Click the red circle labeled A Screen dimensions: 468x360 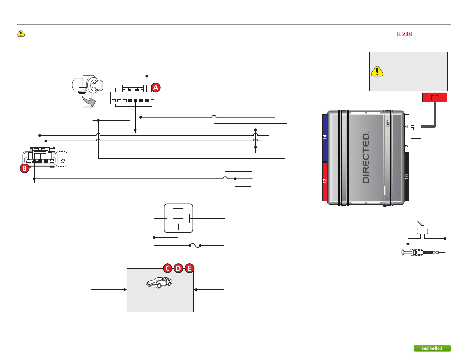156,87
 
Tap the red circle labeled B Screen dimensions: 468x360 25,168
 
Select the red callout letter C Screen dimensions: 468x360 167,268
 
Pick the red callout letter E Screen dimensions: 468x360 189,268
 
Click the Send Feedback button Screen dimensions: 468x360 432,348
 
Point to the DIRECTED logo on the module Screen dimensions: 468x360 366,158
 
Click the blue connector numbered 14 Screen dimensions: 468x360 325,137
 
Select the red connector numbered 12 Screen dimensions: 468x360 325,181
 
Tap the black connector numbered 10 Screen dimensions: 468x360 407,177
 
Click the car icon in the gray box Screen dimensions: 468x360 160,282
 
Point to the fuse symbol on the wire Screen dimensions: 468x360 195,245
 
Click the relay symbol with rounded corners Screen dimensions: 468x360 178,218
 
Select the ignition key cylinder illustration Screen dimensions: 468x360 88,86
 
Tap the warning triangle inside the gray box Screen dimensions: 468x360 377,71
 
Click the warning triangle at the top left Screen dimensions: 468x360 21,33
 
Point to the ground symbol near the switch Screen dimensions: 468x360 408,243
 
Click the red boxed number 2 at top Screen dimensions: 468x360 404,34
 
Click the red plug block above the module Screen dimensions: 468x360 435,98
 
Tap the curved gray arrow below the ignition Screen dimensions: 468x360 89,102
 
